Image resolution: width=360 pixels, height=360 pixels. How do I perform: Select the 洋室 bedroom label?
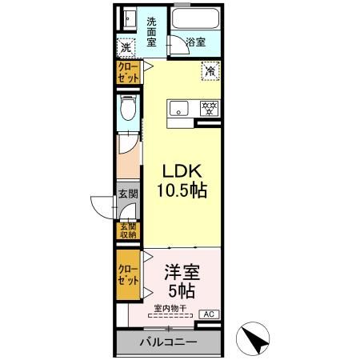182,271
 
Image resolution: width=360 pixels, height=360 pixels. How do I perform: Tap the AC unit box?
207,314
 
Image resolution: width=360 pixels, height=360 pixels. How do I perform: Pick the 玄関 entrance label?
128,193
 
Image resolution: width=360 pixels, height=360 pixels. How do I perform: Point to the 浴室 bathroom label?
195,42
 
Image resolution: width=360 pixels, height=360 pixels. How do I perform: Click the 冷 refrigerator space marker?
210,71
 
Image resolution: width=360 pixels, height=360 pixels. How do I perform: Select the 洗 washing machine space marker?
126,47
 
